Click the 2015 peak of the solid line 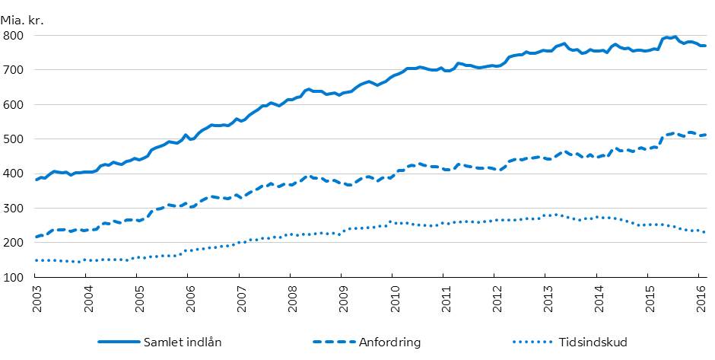click(x=653, y=37)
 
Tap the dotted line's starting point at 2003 click(x=37, y=260)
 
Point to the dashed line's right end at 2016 click(x=705, y=135)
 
